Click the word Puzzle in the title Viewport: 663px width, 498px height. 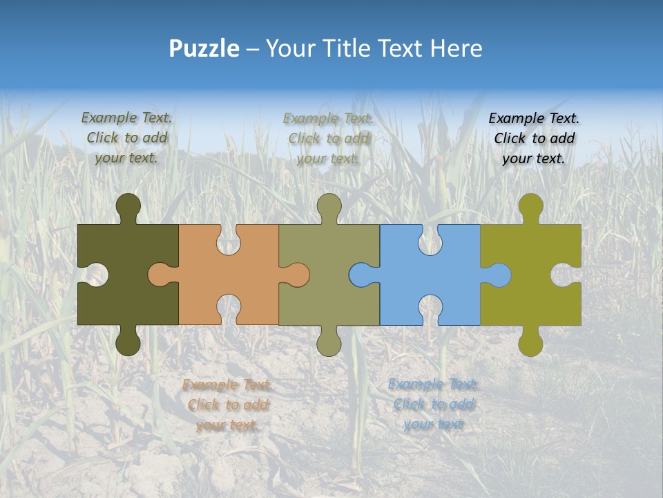tap(204, 48)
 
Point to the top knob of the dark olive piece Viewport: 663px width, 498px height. tap(128, 206)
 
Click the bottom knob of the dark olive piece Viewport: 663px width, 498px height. tap(128, 342)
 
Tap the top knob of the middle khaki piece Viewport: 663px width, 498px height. tap(329, 206)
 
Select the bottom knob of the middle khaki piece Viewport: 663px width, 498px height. tap(329, 342)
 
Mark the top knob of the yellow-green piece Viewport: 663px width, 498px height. tap(530, 206)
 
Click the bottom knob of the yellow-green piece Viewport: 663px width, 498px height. tap(530, 342)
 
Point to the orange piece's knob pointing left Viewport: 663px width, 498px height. tap(160, 275)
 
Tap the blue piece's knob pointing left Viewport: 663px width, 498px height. tap(361, 275)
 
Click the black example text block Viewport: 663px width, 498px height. tap(534, 138)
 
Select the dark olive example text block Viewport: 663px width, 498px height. tap(126, 138)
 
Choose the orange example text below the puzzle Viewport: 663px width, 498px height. tap(227, 405)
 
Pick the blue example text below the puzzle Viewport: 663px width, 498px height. tap(433, 404)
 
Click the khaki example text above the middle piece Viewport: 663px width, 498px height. tap(328, 138)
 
